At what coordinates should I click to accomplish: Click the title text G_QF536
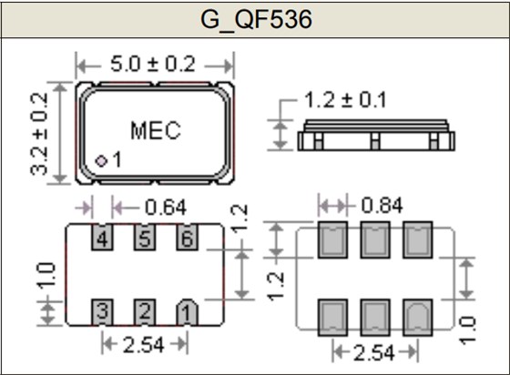click(254, 19)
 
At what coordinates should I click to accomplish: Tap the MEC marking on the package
click(155, 130)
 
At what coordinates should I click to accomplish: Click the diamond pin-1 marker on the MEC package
click(101, 161)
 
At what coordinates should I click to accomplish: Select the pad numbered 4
click(102, 239)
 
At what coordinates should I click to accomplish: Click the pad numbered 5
click(144, 239)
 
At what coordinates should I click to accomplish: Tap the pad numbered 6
click(186, 239)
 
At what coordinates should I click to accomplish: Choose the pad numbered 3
click(102, 312)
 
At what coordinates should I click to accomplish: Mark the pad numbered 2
click(144, 312)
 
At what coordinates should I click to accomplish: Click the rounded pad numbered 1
click(186, 312)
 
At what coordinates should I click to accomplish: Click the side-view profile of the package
click(375, 137)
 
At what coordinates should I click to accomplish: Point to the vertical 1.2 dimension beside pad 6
click(240, 218)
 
